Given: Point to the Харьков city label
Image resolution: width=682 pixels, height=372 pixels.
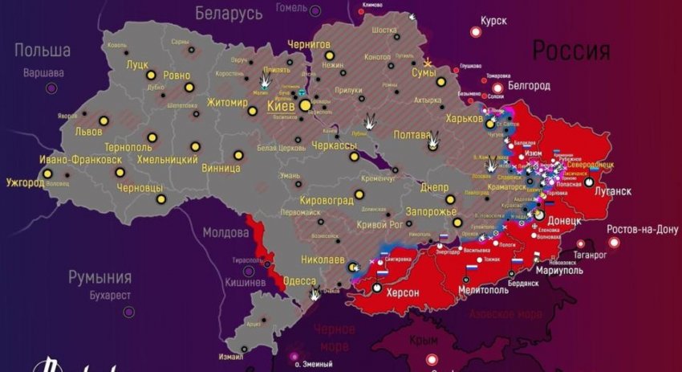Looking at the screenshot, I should [x=467, y=118].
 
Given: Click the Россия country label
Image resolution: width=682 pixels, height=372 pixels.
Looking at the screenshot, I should [x=571, y=51].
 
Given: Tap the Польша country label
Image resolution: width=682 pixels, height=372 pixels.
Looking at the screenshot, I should [x=42, y=51].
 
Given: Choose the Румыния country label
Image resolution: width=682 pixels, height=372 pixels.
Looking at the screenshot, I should [x=99, y=278].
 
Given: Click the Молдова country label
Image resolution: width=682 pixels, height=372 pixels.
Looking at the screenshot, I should [x=225, y=233].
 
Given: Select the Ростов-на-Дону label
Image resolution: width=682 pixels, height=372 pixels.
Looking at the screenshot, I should [x=642, y=229].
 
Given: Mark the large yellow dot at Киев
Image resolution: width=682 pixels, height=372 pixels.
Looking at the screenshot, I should [x=305, y=104].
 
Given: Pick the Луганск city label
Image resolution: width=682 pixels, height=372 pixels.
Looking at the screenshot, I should [x=612, y=191].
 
